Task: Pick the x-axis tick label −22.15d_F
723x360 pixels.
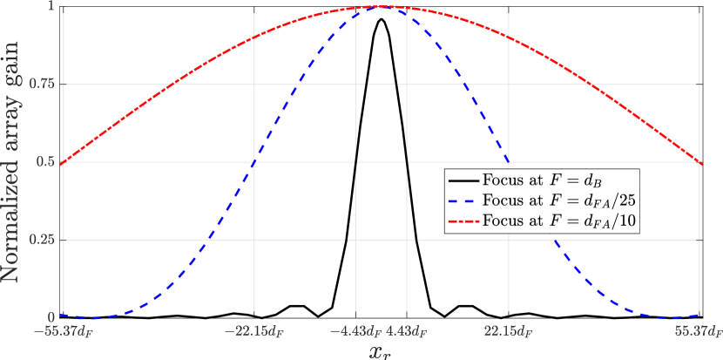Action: tap(253, 331)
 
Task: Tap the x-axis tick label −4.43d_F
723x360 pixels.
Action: tap(353, 331)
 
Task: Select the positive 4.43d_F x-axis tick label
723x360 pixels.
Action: tap(406, 331)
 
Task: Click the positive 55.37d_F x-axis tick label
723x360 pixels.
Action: tap(698, 331)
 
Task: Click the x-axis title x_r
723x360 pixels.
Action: tap(382, 350)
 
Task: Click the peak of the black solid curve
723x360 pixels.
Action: tap(381, 19)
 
